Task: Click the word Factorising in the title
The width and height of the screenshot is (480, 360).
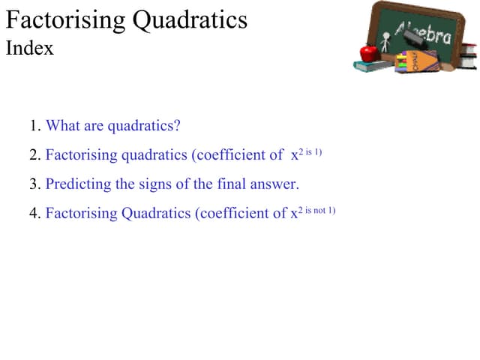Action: pos(66,20)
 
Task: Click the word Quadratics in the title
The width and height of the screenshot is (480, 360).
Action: pos(190,20)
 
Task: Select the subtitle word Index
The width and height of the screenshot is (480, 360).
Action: pos(30,49)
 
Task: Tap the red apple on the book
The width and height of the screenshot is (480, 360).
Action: pos(367,52)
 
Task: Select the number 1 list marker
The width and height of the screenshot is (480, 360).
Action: pos(35,126)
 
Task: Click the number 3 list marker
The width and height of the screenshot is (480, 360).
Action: pos(35,184)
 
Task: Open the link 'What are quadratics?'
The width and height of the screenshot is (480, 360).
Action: pos(113,126)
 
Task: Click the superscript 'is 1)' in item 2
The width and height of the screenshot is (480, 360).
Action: pos(313,152)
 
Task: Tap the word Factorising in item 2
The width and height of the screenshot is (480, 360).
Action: pos(81,155)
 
